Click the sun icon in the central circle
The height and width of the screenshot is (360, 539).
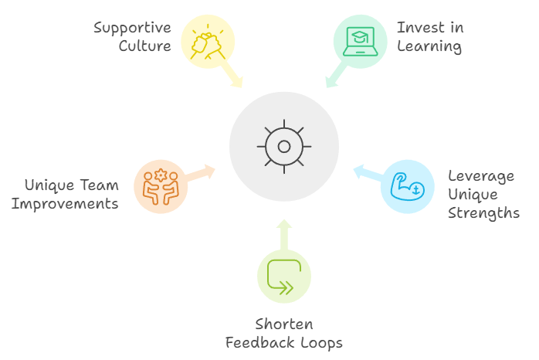(x=283, y=146)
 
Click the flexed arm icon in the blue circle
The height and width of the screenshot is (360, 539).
(x=408, y=186)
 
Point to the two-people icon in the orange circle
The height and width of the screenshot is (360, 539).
(x=160, y=185)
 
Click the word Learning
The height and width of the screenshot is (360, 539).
(x=429, y=46)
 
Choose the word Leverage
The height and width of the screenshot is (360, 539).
(x=480, y=176)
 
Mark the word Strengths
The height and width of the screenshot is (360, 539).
(x=483, y=212)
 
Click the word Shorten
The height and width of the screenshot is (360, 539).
(x=284, y=324)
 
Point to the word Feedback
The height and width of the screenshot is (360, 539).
(x=259, y=342)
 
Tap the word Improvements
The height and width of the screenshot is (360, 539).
(x=70, y=204)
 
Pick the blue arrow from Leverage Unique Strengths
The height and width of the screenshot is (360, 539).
(x=367, y=173)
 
